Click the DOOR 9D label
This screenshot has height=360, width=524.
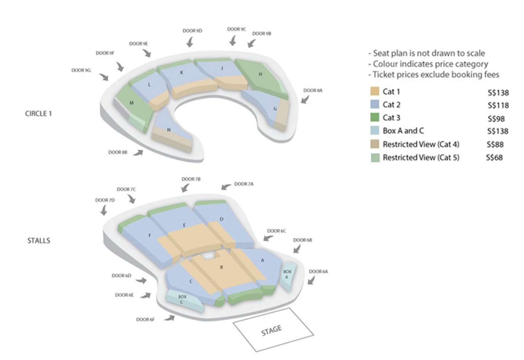[192, 31]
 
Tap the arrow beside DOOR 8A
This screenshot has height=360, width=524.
[305, 100]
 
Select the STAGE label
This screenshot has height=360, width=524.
[272, 330]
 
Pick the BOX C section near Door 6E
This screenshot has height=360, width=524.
[184, 301]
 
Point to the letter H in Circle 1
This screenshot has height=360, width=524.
[260, 74]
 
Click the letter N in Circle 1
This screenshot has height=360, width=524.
[169, 130]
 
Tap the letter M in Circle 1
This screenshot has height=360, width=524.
[132, 103]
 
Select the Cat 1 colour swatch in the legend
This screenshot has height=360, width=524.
[375, 91]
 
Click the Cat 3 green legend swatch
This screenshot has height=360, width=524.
[375, 117]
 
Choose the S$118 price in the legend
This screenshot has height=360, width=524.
[498, 106]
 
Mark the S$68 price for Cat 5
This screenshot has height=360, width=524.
[494, 157]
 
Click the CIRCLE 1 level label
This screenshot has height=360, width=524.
[39, 114]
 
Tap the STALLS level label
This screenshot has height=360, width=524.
[39, 241]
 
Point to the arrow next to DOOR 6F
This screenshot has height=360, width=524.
[170, 318]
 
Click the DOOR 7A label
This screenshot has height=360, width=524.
[244, 184]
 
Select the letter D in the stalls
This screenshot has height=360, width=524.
[222, 219]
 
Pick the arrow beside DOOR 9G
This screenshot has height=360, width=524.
[104, 77]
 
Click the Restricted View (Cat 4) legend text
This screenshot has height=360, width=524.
[421, 144]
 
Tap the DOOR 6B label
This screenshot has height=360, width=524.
[302, 240]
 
